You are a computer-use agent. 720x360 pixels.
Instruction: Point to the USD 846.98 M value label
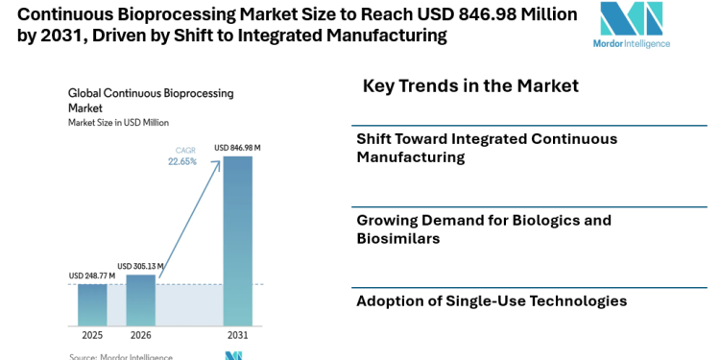click(237, 147)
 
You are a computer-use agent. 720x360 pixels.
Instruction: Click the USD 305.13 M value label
click(140, 266)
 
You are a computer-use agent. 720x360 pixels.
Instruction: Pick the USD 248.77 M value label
click(92, 276)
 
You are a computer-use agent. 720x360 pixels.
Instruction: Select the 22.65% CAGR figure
click(183, 161)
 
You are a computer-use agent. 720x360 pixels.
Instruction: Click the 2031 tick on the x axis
click(237, 335)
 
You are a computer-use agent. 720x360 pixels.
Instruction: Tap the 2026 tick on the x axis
click(140, 335)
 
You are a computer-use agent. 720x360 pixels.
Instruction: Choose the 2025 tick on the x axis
click(92, 335)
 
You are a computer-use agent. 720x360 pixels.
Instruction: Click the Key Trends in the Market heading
click(470, 86)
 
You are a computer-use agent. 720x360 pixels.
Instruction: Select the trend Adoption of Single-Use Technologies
click(492, 301)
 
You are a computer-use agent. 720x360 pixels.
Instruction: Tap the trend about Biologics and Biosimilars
click(484, 228)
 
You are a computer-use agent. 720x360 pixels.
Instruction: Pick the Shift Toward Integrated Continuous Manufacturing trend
click(487, 147)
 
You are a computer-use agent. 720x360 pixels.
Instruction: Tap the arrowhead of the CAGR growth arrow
click(220, 159)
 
